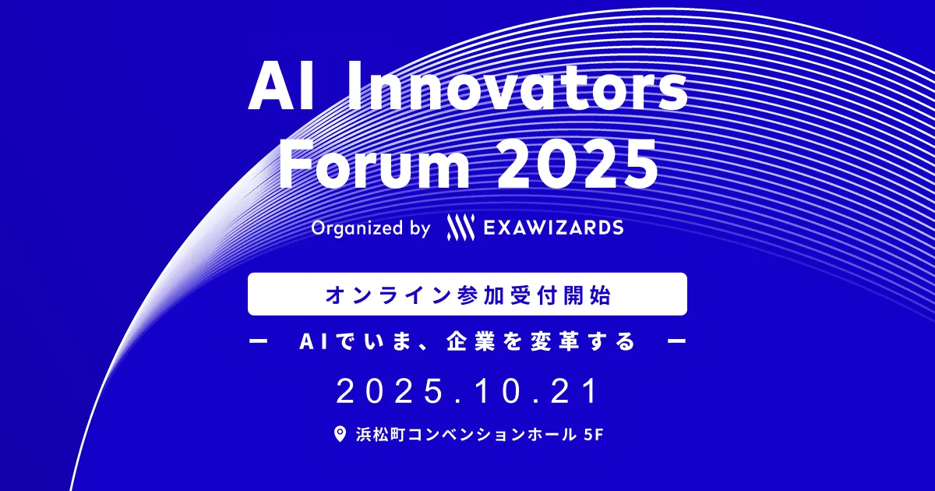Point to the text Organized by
371,228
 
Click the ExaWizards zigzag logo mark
460,228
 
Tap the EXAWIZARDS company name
553,228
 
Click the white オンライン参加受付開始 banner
467,294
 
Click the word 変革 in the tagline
555,341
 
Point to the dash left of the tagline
258,341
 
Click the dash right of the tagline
677,341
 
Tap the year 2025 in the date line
390,391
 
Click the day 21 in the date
574,391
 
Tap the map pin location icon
340,434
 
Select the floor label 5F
594,435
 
